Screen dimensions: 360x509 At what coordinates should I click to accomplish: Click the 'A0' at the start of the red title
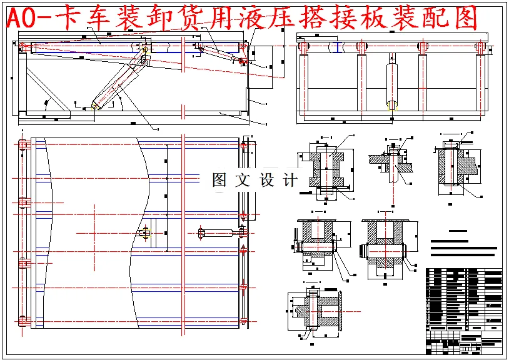(22, 19)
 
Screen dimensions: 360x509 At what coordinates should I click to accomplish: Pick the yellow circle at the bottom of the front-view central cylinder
(392, 106)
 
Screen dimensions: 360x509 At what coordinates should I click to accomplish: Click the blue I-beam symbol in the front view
(338, 47)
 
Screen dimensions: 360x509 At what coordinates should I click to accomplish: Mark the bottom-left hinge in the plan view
(24, 321)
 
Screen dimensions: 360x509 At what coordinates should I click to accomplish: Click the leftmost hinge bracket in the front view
(304, 48)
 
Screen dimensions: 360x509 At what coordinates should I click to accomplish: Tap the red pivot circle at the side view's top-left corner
(23, 47)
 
